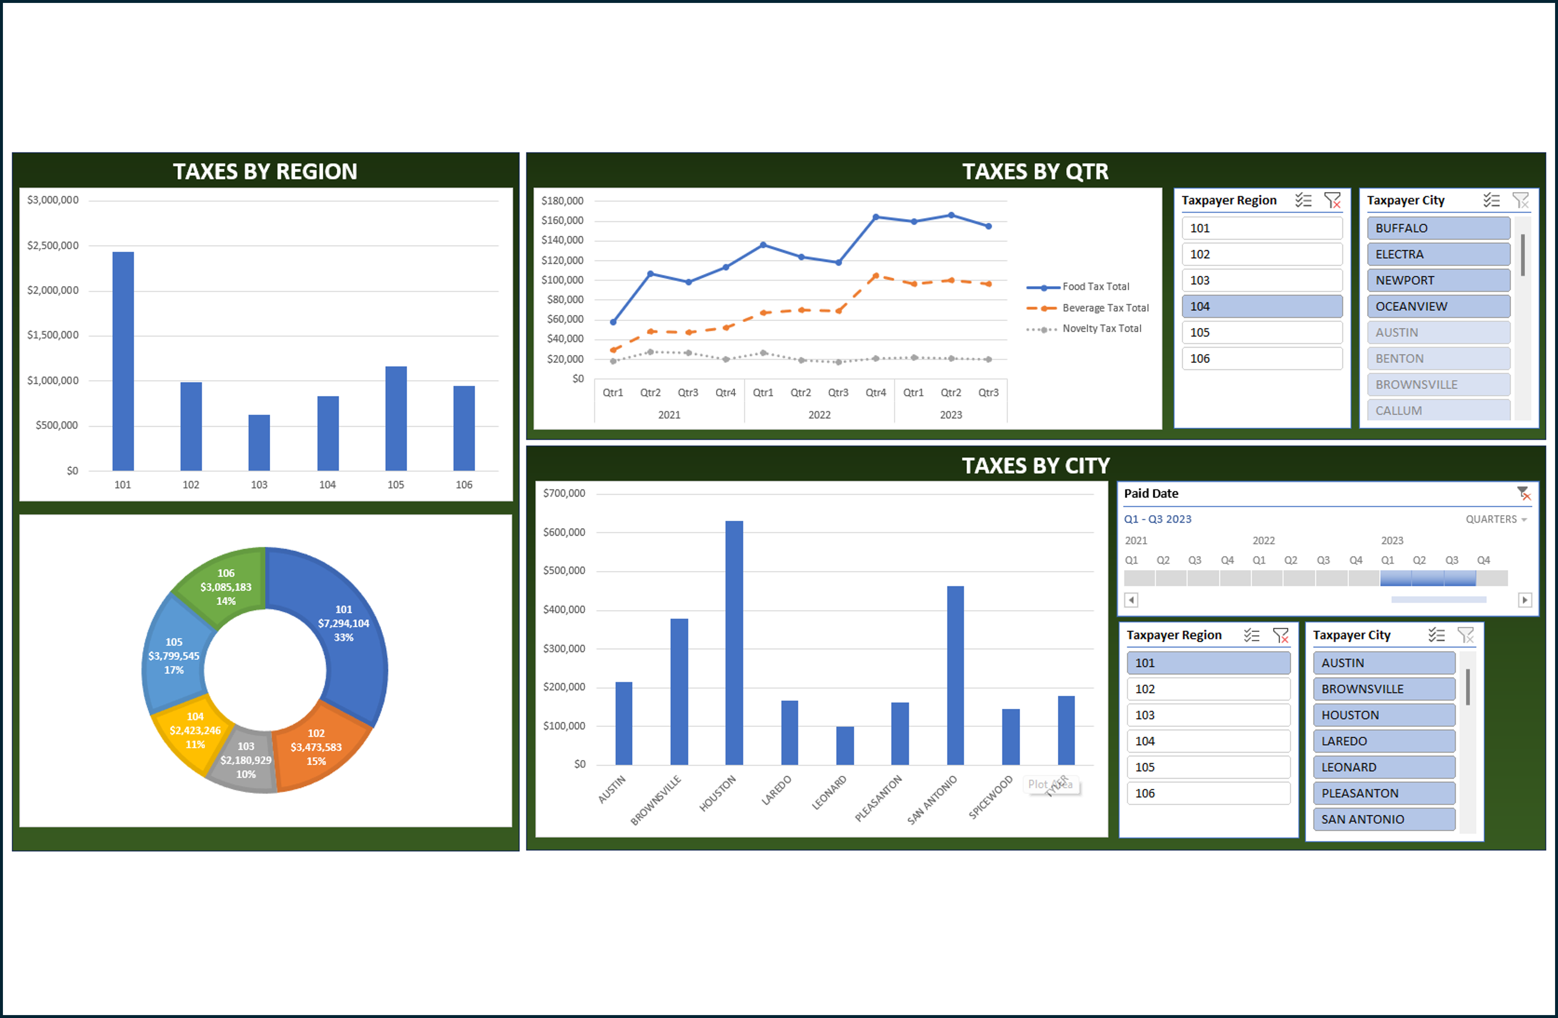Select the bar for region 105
click(x=395, y=419)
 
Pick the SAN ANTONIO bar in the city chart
click(x=955, y=675)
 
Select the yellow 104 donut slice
click(x=190, y=730)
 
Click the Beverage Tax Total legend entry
click(x=1105, y=307)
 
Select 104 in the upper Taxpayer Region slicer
click(x=1261, y=306)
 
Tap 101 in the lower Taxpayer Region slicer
click(x=1208, y=662)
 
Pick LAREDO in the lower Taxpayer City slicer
click(x=1383, y=741)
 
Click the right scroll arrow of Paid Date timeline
click(x=1524, y=599)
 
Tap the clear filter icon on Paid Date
click(x=1523, y=493)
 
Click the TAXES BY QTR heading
click(x=1035, y=171)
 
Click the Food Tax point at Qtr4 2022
click(x=876, y=217)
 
